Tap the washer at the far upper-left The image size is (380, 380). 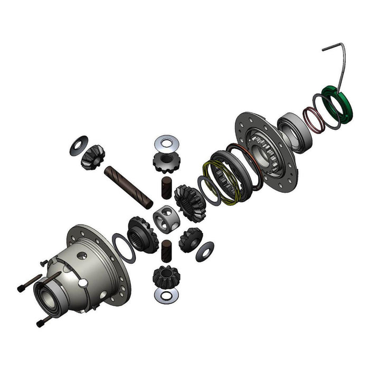pos(79,145)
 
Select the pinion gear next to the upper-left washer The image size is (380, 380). pos(92,157)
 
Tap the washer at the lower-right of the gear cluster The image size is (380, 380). pos(205,251)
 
